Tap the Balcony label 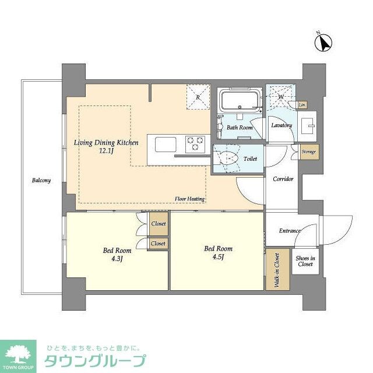pyautogui.click(x=41, y=180)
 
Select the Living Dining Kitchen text pyautogui.click(x=105, y=142)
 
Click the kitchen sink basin pyautogui.click(x=163, y=143)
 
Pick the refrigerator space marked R pyautogui.click(x=198, y=97)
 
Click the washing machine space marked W pyautogui.click(x=280, y=97)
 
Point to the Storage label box pyautogui.click(x=309, y=152)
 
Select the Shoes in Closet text pyautogui.click(x=305, y=261)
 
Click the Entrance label pyautogui.click(x=290, y=231)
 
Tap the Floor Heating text pyautogui.click(x=189, y=199)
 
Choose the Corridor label pyautogui.click(x=283, y=179)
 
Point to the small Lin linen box pyautogui.click(x=301, y=105)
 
